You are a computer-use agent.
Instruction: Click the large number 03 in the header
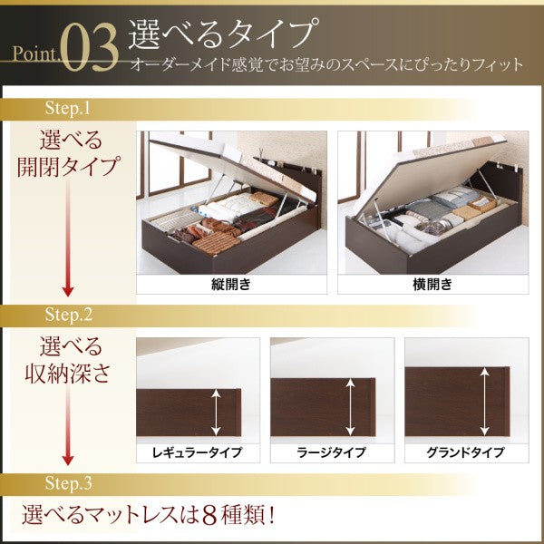pos(91,47)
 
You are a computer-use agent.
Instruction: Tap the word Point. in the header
pos(35,53)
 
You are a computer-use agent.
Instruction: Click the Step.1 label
pos(68,108)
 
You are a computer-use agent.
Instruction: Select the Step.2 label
pos(69,315)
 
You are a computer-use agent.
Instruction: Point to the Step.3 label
pos(69,483)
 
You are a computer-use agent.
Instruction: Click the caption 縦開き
pos(231,285)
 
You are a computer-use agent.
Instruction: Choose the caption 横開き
pos(432,285)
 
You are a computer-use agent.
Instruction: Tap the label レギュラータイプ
pos(197,452)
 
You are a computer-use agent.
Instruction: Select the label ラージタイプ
pos(331,452)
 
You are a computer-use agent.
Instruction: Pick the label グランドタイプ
pos(466,452)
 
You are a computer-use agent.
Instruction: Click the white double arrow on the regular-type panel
pos(216,412)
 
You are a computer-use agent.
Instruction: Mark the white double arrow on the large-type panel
pos(351,406)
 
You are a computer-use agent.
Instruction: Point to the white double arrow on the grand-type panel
pos(485,402)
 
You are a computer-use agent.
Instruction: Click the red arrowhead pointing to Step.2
pos(68,292)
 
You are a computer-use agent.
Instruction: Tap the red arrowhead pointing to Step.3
pos(68,461)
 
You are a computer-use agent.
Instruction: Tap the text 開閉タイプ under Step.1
pos(68,166)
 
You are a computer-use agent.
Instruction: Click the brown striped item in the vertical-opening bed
pos(215,242)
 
